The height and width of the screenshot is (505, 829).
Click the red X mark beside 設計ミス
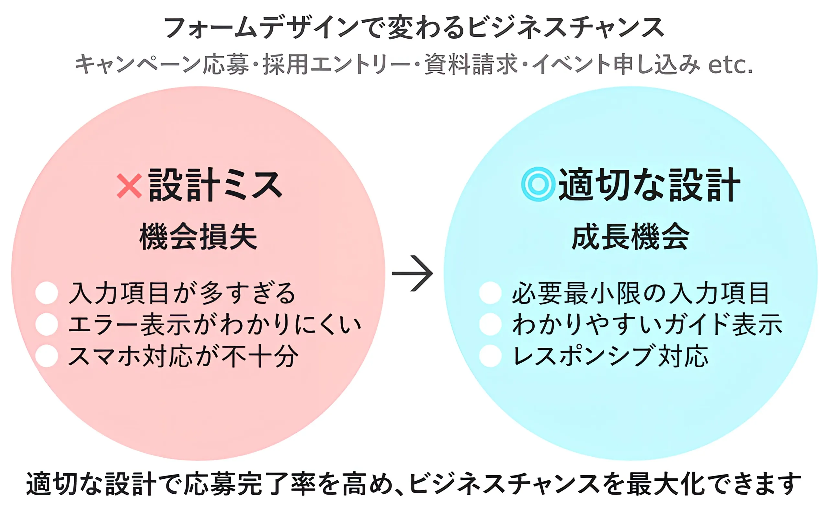(129, 185)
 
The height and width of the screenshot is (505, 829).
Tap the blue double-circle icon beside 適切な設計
(538, 184)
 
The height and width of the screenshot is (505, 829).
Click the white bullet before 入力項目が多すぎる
(47, 293)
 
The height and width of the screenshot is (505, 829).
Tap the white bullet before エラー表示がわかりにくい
(47, 324)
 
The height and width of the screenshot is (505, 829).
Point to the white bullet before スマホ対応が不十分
(47, 356)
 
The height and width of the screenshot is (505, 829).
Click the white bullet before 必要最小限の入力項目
(490, 293)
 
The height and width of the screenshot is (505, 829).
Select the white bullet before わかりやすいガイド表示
(490, 324)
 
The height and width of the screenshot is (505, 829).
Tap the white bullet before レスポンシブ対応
(490, 356)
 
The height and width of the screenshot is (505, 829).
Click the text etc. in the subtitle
(730, 65)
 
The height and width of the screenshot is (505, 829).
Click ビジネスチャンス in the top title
(565, 28)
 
